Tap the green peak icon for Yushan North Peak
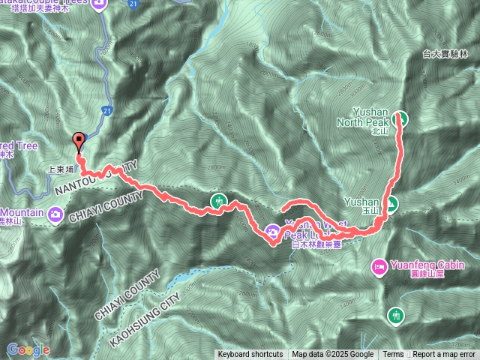coord(401,118)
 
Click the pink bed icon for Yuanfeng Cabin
coord(379,266)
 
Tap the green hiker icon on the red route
coord(219,201)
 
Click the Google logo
coord(28,349)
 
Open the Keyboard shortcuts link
coord(250,355)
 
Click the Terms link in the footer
coord(393,355)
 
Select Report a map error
coord(445,355)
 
